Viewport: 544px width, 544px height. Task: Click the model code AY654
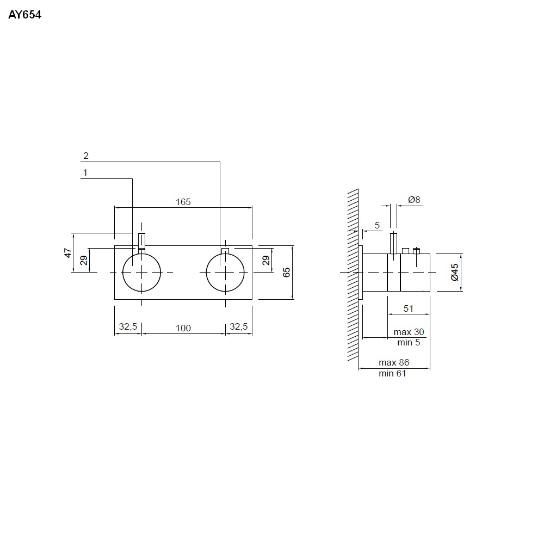click(24, 15)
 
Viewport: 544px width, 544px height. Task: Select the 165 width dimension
click(183, 202)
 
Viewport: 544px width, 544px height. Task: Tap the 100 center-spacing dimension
click(183, 327)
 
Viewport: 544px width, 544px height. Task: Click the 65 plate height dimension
click(287, 272)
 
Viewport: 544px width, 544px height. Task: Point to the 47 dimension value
click(68, 252)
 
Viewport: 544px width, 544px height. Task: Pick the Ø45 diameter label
click(455, 271)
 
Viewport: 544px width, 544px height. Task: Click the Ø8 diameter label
click(415, 200)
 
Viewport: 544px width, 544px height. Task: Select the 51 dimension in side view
click(409, 308)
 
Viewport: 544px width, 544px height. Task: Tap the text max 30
click(409, 332)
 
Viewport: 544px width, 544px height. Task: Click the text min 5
click(409, 342)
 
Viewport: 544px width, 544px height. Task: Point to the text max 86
click(393, 362)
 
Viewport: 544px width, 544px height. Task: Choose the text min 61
click(393, 373)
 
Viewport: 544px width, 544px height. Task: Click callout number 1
click(85, 173)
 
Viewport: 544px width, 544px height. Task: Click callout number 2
click(85, 156)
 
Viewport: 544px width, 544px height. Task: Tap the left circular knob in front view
click(142, 271)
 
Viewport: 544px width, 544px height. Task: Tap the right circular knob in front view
click(226, 271)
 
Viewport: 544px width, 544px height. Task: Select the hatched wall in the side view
click(353, 275)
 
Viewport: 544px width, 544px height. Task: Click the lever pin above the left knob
click(142, 240)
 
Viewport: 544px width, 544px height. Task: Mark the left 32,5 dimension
click(128, 327)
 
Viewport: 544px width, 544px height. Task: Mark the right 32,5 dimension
click(239, 327)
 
